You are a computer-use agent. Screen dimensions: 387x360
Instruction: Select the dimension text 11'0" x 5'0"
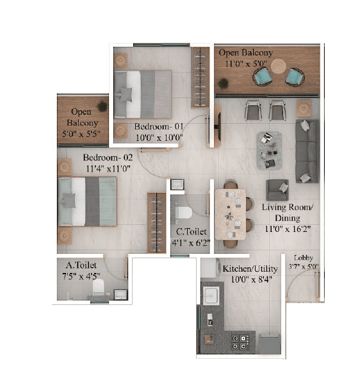(x=246, y=64)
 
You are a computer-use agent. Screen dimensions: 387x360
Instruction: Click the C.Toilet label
(x=190, y=232)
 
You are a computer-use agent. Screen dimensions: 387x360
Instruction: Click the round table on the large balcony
(x=278, y=66)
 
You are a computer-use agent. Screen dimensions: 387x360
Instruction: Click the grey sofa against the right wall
(x=307, y=151)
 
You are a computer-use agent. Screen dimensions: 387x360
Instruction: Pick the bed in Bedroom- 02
(x=87, y=201)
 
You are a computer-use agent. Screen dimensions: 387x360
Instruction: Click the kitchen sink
(x=211, y=295)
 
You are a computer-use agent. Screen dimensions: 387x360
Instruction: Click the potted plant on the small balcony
(x=102, y=106)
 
